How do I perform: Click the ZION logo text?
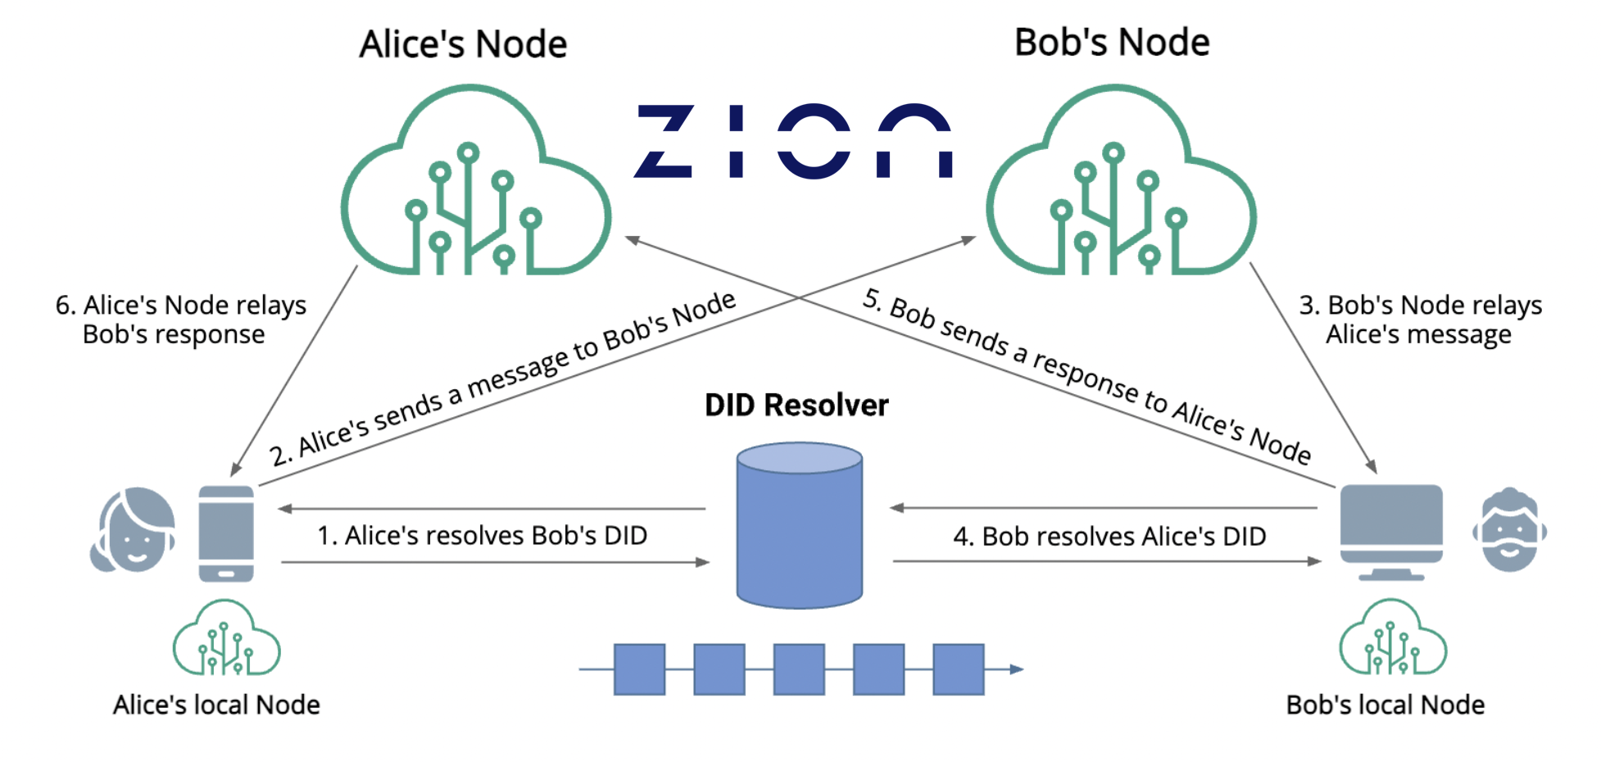[793, 140]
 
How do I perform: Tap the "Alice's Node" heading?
[463, 44]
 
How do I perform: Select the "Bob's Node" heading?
[1112, 43]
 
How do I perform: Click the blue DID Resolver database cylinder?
[799, 525]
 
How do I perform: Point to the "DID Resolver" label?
[796, 406]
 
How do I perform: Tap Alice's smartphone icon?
[226, 533]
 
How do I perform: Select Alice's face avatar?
[133, 530]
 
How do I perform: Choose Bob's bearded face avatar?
[1509, 530]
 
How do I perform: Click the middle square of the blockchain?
[799, 669]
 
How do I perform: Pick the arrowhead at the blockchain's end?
[1017, 669]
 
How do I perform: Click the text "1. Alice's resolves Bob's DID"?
[483, 536]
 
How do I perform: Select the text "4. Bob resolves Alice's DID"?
[1109, 537]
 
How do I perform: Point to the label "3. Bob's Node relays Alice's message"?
[1420, 320]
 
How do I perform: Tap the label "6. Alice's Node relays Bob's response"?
[180, 320]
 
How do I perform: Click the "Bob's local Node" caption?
[1386, 705]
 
